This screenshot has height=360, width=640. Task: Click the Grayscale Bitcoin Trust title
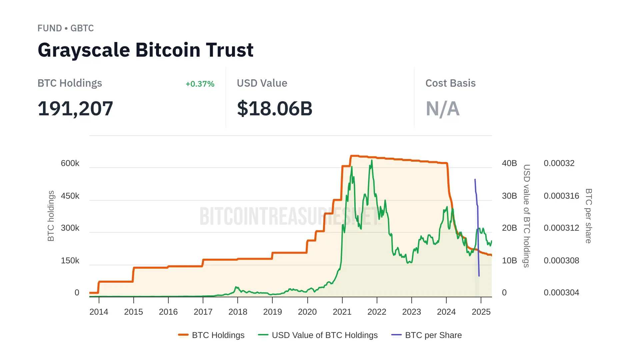(x=145, y=50)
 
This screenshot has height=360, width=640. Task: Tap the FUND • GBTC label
(x=65, y=28)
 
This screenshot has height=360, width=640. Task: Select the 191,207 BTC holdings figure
(x=75, y=109)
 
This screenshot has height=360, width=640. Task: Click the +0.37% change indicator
(x=200, y=84)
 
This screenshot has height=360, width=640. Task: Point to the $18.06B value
(x=274, y=109)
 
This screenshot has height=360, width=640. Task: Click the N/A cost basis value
(x=442, y=109)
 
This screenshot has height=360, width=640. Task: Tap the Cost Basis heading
(x=450, y=83)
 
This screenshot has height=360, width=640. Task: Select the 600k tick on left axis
(x=70, y=163)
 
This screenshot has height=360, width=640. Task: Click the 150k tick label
(x=70, y=261)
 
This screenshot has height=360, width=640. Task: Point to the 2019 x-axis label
(x=272, y=312)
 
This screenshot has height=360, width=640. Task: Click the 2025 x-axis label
(x=481, y=312)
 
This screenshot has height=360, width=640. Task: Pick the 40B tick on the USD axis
(x=509, y=163)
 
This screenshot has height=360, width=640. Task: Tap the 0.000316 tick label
(x=561, y=196)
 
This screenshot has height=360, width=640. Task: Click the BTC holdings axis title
(x=51, y=216)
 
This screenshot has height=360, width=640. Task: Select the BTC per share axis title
(x=589, y=216)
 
